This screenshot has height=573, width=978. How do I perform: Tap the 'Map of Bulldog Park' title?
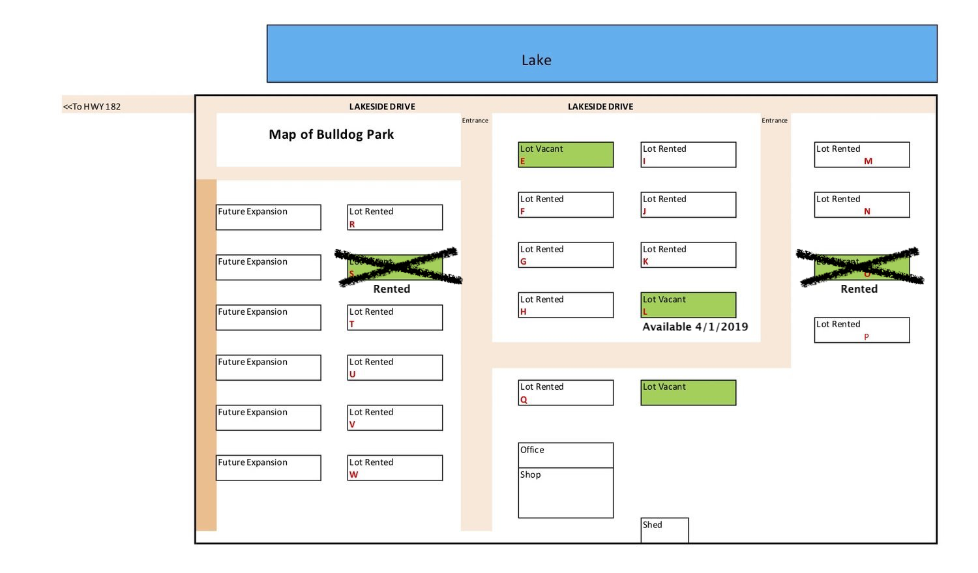[331, 134]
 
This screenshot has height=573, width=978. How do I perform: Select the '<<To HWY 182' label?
[92, 106]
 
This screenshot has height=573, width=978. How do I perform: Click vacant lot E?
[565, 154]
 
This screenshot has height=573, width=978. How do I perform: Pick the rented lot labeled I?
[688, 154]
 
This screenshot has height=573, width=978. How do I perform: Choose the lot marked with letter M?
[861, 154]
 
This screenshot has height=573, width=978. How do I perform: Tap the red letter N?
[867, 211]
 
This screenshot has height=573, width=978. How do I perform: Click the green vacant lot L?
[688, 304]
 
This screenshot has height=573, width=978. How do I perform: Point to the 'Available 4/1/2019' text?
[695, 327]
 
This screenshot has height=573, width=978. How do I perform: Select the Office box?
[565, 455]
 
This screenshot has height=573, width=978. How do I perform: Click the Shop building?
[565, 493]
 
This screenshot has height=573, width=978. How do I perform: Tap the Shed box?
[664, 530]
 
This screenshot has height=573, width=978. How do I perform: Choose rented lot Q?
[565, 392]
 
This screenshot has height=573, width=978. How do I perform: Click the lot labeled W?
[394, 467]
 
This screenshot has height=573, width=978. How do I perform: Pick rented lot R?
[394, 217]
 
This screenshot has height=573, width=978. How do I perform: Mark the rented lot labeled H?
[565, 304]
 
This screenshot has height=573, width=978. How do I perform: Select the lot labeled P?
[861, 330]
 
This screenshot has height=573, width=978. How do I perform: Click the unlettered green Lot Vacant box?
[688, 392]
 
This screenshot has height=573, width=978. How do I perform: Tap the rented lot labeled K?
[688, 254]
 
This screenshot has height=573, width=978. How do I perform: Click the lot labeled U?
[394, 367]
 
